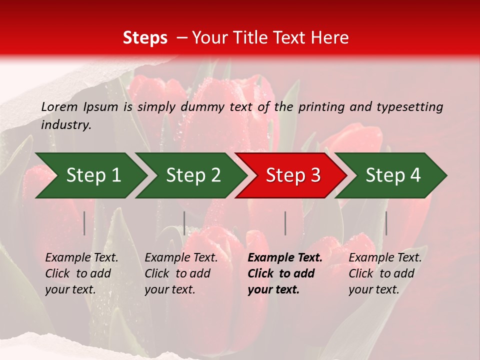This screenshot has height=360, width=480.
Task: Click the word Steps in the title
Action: coord(145,38)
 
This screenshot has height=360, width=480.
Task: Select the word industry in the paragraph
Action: coord(66,125)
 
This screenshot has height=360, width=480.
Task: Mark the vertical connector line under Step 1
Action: coord(84,223)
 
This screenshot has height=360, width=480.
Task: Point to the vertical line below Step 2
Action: coord(184,223)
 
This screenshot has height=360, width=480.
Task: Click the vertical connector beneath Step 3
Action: coord(285,223)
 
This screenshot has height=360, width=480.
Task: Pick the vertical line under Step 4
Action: coord(386,223)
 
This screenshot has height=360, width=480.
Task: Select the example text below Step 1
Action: coord(81,273)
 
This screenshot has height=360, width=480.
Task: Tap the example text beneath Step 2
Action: coord(181,273)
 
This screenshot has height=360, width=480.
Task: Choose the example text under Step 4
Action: coord(385,273)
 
